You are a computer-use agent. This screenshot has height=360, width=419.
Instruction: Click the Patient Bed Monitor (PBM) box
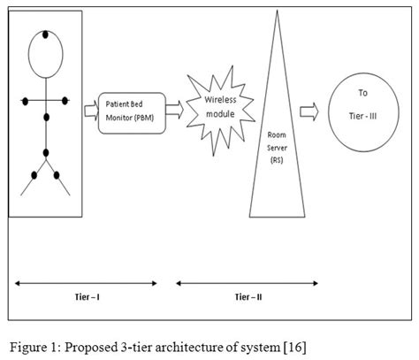[x=129, y=110]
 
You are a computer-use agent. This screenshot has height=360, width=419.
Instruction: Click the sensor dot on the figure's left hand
[x=27, y=100]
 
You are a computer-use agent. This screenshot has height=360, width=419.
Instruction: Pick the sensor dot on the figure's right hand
[x=68, y=100]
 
